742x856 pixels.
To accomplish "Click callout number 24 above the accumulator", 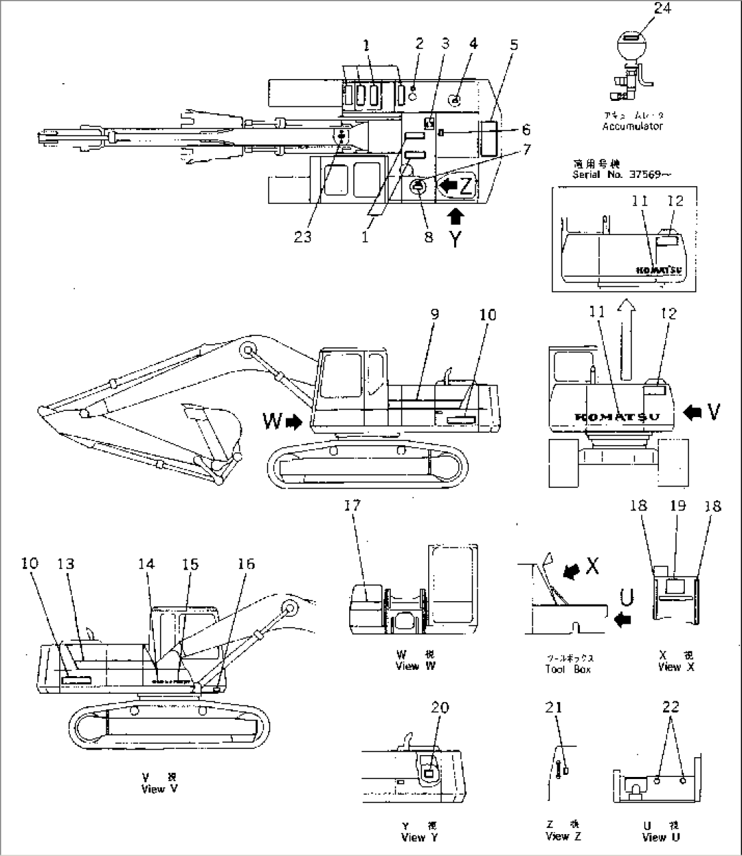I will click(643, 9).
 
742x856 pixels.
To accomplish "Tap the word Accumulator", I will click(632, 126).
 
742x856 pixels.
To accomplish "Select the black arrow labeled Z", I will click(450, 184).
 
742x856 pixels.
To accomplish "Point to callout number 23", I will click(303, 236).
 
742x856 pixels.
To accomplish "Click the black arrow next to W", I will click(294, 423).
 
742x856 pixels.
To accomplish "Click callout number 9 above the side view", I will click(434, 314).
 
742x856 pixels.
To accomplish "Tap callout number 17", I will click(352, 505).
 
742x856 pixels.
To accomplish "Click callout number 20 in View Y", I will click(440, 707).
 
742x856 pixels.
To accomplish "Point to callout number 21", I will click(554, 707).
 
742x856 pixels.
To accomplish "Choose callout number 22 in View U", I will click(671, 707).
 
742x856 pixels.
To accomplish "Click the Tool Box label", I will click(568, 669).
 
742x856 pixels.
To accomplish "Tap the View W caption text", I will click(415, 666).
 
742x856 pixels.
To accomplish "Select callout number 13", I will click(65, 564).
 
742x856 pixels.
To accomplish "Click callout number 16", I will click(246, 564).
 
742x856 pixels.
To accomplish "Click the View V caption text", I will click(153, 789).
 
